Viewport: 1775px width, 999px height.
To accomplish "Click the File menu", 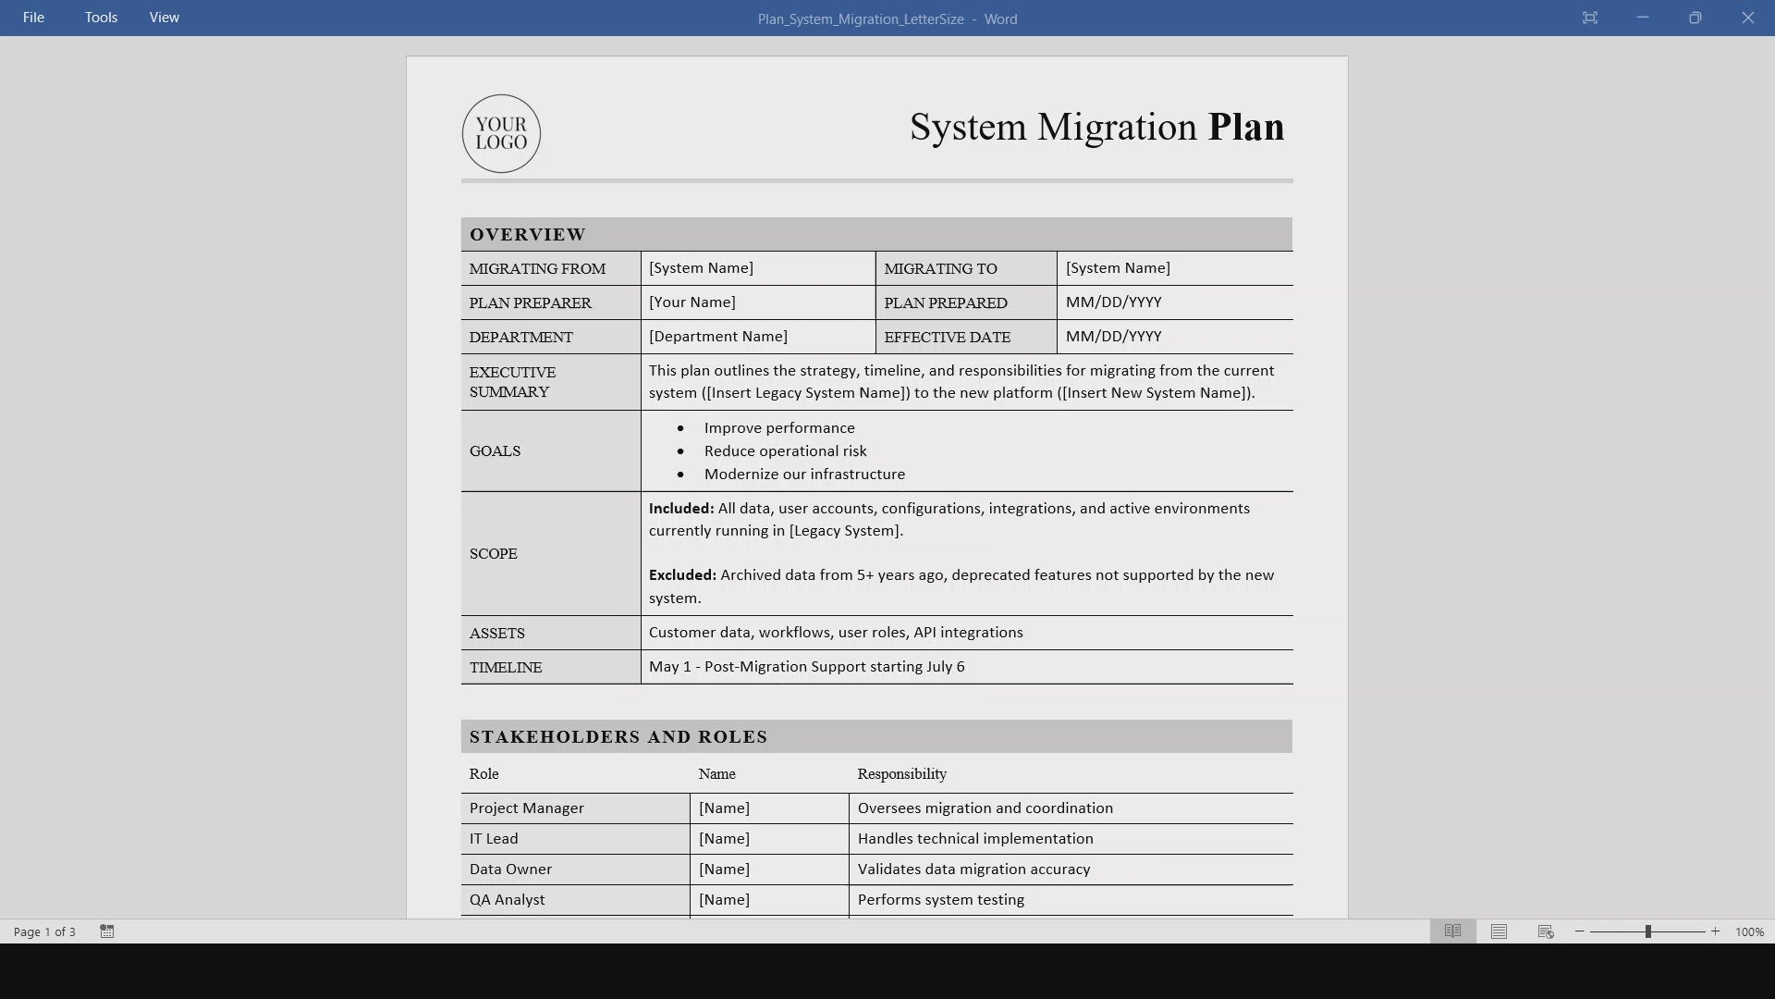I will (33, 18).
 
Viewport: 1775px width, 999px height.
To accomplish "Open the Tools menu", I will (101, 18).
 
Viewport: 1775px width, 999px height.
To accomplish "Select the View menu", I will (165, 18).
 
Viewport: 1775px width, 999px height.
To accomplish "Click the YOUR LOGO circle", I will (501, 133).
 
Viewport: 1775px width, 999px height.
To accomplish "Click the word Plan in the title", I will (1245, 127).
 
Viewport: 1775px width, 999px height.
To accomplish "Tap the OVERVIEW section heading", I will (528, 235).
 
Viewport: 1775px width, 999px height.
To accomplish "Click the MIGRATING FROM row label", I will (537, 269).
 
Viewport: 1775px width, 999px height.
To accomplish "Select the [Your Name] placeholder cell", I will (692, 302).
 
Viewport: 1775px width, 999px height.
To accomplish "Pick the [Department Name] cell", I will (718, 337).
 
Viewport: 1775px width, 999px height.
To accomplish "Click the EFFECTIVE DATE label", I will (947, 338).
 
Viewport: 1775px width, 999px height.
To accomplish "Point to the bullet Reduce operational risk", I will (785, 451).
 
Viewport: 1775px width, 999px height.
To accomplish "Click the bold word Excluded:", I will (682, 575).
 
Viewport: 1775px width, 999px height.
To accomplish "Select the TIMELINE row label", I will (506, 668).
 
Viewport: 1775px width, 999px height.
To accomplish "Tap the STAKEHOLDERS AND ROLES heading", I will (618, 737).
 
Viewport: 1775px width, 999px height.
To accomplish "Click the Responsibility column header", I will (901, 774).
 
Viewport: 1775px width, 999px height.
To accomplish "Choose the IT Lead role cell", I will (494, 839).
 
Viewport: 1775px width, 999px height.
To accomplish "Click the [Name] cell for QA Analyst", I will (724, 900).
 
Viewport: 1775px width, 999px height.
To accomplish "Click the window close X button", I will (1747, 18).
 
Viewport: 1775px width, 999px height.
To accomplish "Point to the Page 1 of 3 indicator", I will (44, 931).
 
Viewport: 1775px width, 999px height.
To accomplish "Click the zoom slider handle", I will (1647, 931).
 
